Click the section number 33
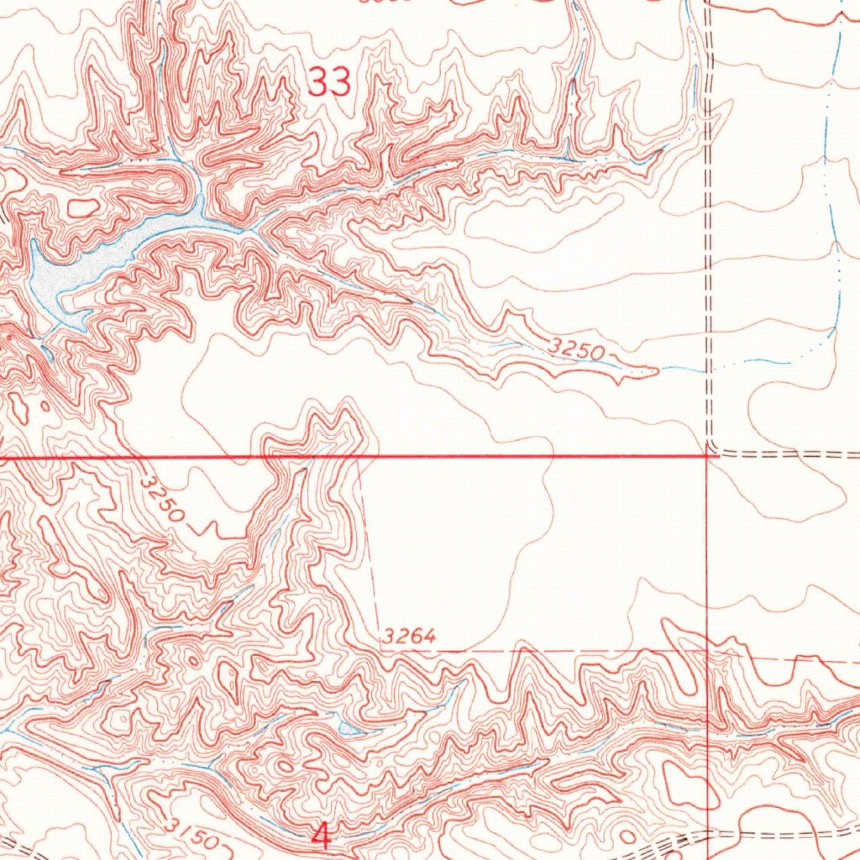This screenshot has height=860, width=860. [x=329, y=82]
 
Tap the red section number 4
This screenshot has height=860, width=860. [x=321, y=834]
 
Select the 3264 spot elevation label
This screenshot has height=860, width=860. [x=408, y=637]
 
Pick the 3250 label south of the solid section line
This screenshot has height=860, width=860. [x=163, y=501]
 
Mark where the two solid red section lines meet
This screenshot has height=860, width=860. [x=707, y=457]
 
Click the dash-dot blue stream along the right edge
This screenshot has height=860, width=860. [x=836, y=252]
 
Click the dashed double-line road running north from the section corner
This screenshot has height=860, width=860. [x=708, y=252]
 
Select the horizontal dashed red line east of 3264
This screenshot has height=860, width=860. [x=546, y=651]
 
